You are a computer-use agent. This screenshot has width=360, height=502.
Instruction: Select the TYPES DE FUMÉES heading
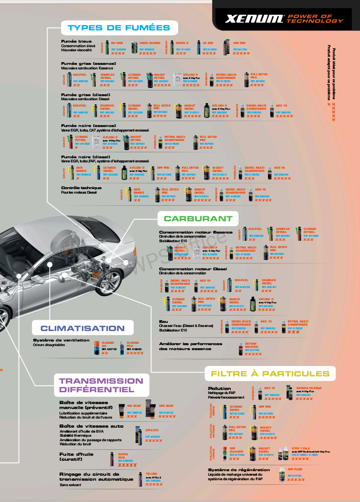coord(119,28)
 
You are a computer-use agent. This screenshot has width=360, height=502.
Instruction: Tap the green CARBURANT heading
coord(198,219)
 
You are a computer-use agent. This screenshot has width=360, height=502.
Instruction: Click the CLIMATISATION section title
coord(83,328)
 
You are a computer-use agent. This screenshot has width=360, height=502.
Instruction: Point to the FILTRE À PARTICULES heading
coord(270,374)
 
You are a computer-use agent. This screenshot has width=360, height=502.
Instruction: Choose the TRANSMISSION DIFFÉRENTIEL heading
coord(101,385)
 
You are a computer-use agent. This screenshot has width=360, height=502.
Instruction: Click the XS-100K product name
coord(117,43)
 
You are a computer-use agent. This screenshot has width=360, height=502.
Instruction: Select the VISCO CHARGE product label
coord(150,43)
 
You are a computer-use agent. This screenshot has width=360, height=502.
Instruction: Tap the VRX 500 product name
coord(239,43)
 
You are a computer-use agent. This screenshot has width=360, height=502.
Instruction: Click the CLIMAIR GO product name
coord(107,344)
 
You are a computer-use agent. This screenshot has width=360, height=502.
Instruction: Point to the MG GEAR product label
coord(134,405)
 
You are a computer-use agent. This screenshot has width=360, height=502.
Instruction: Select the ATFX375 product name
coord(152,429)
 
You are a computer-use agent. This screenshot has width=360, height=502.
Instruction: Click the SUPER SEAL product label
coord(123,456)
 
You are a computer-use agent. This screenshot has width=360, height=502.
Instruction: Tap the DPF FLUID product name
coord(295,469)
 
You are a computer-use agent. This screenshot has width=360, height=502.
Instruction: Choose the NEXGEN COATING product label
coord(309,388)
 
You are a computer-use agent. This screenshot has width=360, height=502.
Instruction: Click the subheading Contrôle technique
coord(81,188)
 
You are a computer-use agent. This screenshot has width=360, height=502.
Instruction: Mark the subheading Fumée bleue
coord(76,41)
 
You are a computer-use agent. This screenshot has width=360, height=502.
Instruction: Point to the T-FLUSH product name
coord(151,473)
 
